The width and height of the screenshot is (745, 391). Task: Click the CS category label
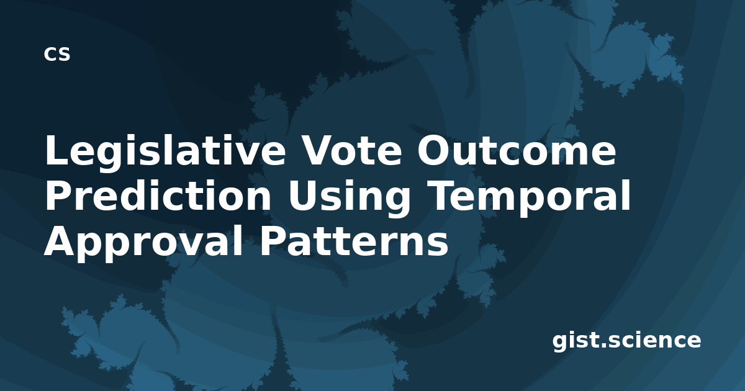click(57, 54)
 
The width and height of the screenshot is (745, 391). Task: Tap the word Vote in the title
click(351, 150)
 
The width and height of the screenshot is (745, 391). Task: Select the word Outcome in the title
click(517, 150)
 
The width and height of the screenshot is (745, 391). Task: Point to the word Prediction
click(158, 195)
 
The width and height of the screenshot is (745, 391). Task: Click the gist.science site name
click(626, 341)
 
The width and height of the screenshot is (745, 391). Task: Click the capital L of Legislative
click(56, 150)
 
